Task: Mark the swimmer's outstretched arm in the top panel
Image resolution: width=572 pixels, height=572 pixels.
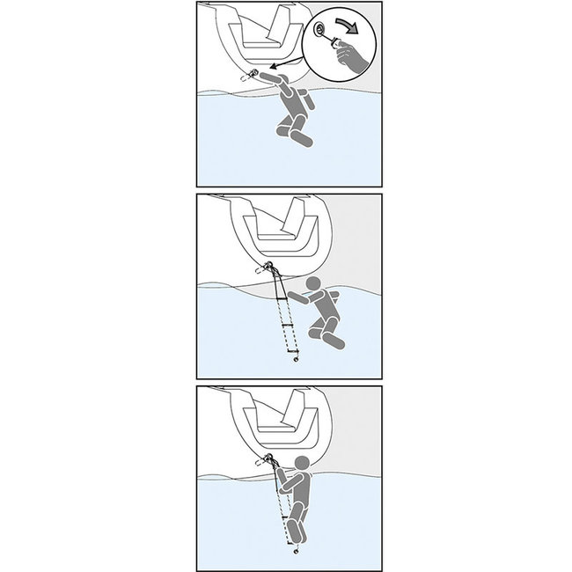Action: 278,84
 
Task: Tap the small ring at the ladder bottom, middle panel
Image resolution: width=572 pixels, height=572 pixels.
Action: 297,359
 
